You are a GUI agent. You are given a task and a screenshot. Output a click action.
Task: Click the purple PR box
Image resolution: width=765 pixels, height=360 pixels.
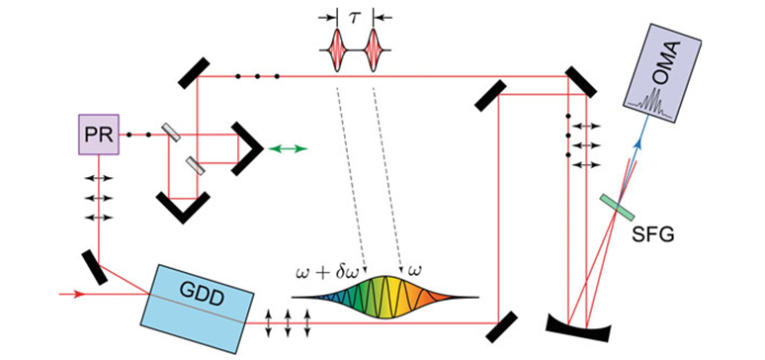tap(99, 135)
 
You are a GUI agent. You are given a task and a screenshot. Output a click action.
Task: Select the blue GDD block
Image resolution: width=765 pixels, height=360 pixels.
tap(197, 309)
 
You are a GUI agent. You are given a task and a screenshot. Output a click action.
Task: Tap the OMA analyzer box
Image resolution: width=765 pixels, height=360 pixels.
tap(662, 73)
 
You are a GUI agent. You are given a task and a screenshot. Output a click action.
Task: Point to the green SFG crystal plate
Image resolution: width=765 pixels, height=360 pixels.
tap(618, 207)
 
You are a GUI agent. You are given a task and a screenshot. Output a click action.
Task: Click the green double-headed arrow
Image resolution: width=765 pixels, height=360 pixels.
tap(289, 148)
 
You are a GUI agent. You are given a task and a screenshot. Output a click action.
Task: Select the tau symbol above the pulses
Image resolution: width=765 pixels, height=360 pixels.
tap(355, 18)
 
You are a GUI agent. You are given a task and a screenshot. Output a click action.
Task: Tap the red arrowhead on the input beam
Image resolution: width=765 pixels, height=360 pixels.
tap(80, 294)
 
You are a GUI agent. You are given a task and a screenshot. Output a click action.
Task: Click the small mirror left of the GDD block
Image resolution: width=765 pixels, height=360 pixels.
tap(94, 267)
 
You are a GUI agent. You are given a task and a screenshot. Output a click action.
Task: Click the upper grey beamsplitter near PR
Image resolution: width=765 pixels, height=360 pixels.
tap(171, 132)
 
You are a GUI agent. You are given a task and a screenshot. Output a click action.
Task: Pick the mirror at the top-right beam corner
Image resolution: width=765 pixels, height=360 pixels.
tap(580, 82)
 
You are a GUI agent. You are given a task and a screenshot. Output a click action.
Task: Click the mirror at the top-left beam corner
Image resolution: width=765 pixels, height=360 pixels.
tap(194, 73)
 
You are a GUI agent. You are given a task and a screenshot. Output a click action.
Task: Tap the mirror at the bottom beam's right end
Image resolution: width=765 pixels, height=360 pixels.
tap(501, 326)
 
